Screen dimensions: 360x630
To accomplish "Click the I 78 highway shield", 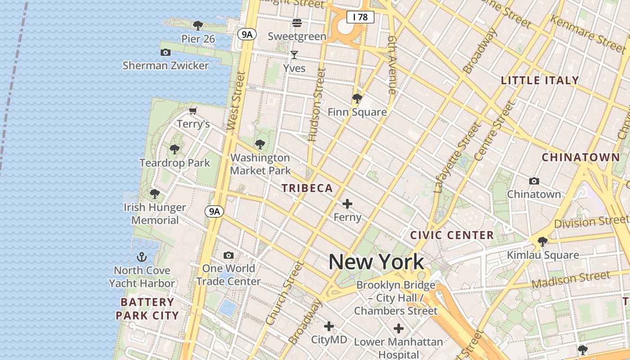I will click(360, 17).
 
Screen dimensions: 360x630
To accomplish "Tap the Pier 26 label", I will click(198, 39).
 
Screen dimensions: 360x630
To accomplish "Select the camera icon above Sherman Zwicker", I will click(166, 52).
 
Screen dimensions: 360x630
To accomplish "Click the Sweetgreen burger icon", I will click(297, 22).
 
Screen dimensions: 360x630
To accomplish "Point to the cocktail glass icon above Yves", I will click(294, 55).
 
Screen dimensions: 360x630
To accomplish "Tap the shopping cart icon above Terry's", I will click(193, 111).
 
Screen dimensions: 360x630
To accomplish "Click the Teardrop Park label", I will click(175, 162).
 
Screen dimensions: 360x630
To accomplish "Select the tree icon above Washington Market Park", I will click(260, 144).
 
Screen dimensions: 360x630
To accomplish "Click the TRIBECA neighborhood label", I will click(307, 188).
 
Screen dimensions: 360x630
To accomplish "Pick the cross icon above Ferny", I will click(347, 204).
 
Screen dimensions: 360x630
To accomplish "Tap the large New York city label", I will click(377, 262).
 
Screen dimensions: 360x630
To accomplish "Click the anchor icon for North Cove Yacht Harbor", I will click(142, 257).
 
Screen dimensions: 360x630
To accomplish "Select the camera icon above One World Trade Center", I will click(229, 256).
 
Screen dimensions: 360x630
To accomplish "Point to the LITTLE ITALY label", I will click(540, 81).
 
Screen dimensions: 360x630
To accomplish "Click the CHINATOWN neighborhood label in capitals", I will click(581, 157).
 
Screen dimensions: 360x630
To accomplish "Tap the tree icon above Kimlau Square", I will click(543, 242).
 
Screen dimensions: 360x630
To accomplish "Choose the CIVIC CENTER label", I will click(452, 235).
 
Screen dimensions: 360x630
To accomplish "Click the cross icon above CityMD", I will click(329, 326).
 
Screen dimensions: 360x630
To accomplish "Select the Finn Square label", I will click(357, 112).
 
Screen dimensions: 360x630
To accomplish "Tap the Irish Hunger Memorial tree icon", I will click(155, 194).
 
